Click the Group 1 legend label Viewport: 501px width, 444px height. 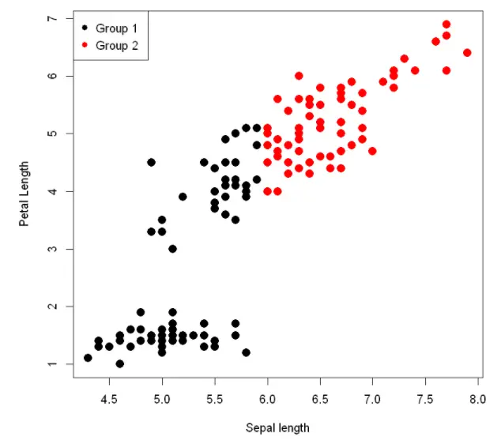(x=116, y=28)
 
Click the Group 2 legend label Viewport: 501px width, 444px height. (x=116, y=46)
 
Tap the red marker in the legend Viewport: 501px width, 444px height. (x=84, y=46)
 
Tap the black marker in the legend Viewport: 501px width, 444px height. (x=84, y=28)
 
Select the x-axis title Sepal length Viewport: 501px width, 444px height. (x=277, y=428)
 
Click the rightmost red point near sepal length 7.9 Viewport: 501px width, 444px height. (x=467, y=53)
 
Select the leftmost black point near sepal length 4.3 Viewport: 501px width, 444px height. (x=88, y=358)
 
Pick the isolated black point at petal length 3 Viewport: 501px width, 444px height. (x=172, y=249)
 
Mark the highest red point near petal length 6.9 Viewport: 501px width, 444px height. (x=446, y=24)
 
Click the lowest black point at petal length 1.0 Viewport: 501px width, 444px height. (x=119, y=364)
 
